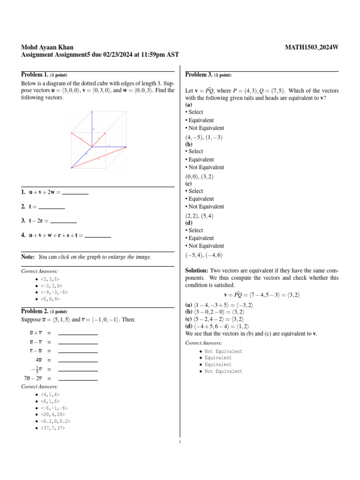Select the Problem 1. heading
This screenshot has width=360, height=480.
[35, 75]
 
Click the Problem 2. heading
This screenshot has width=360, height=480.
[35, 311]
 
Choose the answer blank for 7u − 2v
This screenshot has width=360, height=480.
[78, 378]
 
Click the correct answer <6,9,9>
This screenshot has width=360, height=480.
[50, 299]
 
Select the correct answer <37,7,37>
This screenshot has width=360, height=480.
[53, 427]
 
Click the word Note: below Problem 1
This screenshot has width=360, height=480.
[28, 257]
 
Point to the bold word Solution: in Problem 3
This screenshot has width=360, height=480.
[197, 271]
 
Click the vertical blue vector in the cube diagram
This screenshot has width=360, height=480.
[92, 129]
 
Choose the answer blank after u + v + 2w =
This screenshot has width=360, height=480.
[75, 192]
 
